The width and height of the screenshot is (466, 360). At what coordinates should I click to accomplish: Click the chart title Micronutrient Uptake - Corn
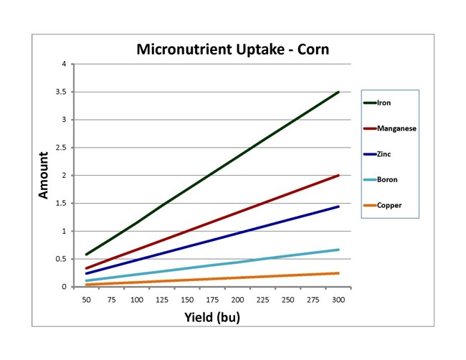233,50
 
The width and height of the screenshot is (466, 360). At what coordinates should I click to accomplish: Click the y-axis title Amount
44,175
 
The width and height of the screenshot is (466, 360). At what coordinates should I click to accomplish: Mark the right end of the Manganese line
338,175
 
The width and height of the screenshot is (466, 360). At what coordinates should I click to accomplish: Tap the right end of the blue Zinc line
338,207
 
